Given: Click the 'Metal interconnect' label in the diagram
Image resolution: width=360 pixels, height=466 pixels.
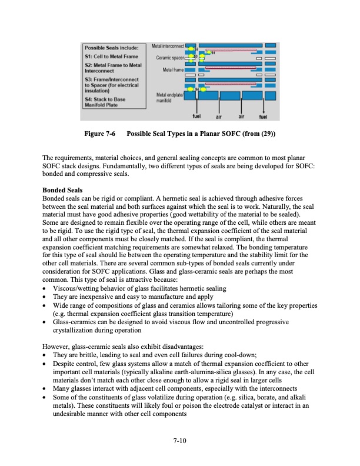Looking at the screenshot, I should [x=168, y=45].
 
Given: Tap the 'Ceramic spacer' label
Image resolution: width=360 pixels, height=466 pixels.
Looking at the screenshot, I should [x=171, y=58].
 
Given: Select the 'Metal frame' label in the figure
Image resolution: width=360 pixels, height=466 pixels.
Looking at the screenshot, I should [x=174, y=70].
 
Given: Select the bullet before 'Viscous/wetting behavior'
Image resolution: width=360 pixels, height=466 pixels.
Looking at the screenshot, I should [x=45, y=291].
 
